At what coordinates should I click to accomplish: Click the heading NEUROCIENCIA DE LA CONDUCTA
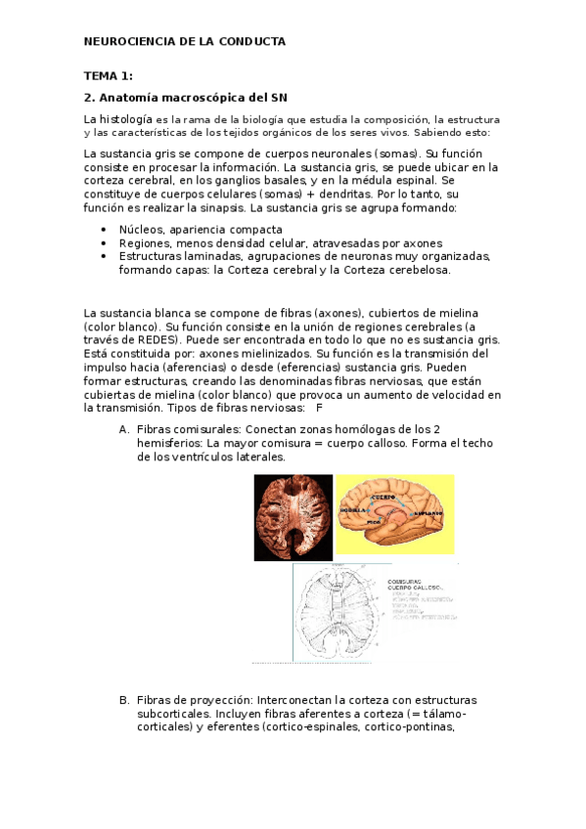coord(185,42)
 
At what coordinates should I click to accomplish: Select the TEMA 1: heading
coord(108,76)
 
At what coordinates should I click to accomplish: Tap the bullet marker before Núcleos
coord(104,230)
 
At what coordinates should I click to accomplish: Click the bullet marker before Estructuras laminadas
coord(104,256)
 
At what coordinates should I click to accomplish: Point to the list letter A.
coord(124,429)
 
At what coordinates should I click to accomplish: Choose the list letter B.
coord(124,700)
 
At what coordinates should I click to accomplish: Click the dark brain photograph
coord(293,517)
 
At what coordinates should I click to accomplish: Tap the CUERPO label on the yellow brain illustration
coord(383,497)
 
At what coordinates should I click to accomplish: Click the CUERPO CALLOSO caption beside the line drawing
coord(415,587)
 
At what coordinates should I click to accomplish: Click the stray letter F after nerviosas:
coord(319,407)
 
